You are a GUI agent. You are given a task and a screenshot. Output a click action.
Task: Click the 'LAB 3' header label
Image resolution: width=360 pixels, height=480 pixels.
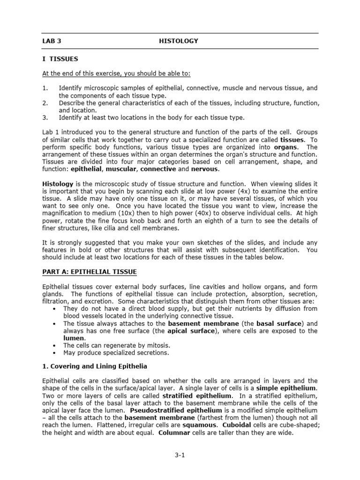[52, 41]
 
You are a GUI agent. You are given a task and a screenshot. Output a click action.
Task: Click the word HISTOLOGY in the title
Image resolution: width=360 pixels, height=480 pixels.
[179, 41]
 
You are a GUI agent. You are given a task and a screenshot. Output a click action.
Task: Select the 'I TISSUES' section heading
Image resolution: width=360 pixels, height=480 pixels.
[60, 59]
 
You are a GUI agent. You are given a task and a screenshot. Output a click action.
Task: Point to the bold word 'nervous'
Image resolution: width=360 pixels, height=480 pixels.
[205, 169]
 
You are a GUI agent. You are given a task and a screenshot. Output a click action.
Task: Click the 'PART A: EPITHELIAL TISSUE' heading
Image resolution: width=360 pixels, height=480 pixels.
[90, 272]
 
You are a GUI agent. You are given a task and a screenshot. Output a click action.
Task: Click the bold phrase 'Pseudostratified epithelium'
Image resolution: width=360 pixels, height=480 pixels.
[166, 411]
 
